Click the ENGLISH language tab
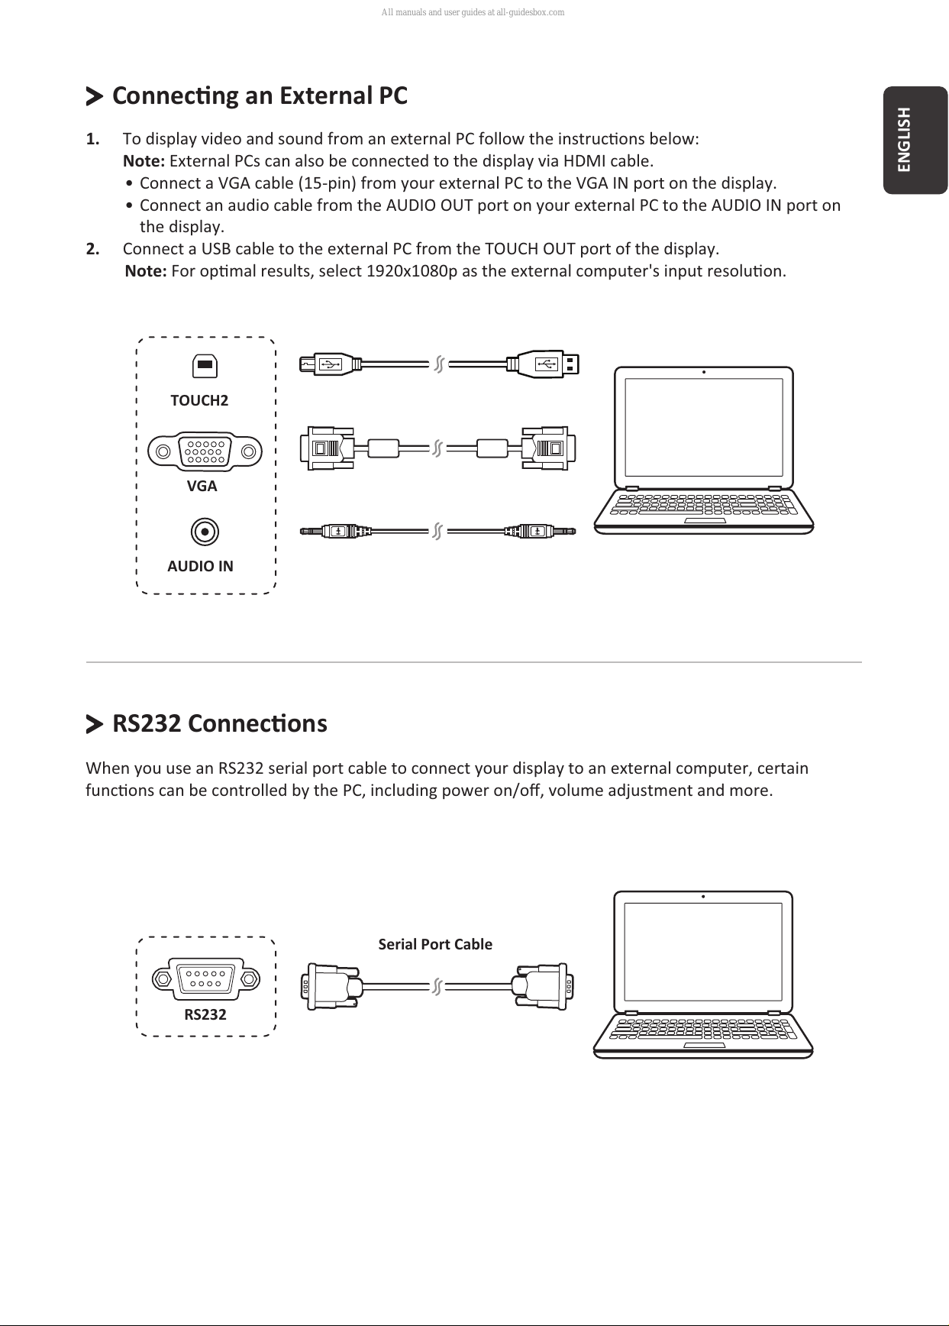coord(915,140)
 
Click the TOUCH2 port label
coord(199,400)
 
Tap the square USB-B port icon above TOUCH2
coord(205,366)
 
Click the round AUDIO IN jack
coord(204,532)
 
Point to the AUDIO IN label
coord(200,566)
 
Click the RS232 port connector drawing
coord(205,978)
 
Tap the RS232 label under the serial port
coord(205,1014)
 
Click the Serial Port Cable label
coord(435,944)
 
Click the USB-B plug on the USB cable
coord(328,364)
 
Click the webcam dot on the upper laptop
coord(703,373)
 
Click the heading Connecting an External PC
coord(260,96)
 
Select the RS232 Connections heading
coord(220,723)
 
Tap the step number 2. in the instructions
coord(92,249)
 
